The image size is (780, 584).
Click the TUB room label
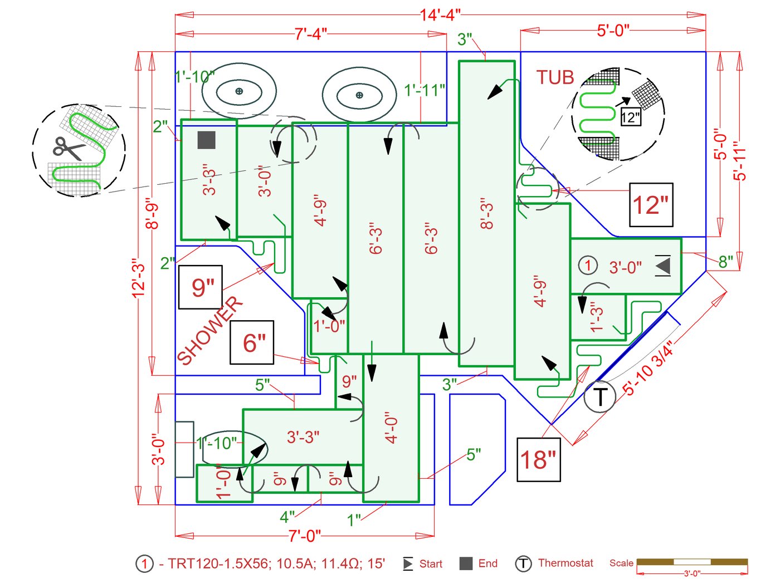click(555, 77)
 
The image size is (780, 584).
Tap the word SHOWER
click(210, 330)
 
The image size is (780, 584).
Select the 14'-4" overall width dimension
click(440, 15)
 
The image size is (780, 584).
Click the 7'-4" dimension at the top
click(311, 34)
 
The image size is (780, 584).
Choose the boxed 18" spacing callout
click(538, 460)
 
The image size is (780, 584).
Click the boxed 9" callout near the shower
click(201, 287)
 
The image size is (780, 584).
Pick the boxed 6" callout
click(252, 342)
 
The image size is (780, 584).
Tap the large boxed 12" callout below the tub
click(651, 205)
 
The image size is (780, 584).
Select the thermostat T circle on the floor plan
click(599, 397)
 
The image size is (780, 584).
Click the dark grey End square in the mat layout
click(207, 140)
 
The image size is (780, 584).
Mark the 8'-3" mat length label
click(487, 213)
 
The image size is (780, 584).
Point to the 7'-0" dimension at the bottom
click(305, 536)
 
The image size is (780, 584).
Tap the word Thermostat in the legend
click(565, 563)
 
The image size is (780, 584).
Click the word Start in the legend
click(431, 564)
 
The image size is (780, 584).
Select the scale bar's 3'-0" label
click(692, 573)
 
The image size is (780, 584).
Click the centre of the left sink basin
click(239, 91)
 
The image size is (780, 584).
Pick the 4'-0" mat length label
click(391, 428)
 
